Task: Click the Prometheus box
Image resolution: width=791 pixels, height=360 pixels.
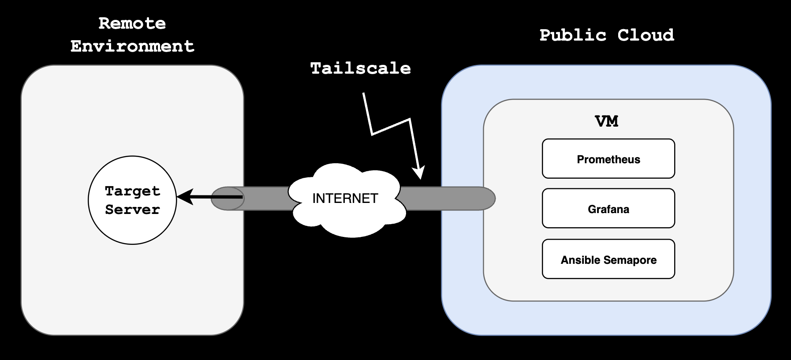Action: click(608, 159)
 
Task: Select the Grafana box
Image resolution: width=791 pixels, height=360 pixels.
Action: click(608, 209)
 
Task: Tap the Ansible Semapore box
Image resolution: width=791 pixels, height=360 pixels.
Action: click(608, 259)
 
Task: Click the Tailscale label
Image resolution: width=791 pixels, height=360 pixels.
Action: click(361, 68)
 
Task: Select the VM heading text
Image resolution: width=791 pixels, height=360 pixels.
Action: click(607, 121)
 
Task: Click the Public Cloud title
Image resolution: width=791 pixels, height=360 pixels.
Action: click(607, 35)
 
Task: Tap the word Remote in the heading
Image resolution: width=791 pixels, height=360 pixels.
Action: click(132, 23)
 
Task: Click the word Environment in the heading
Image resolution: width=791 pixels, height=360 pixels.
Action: click(132, 46)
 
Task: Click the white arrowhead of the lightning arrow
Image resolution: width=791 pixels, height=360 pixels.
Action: click(419, 172)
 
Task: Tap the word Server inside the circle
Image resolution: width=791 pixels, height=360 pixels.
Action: click(132, 209)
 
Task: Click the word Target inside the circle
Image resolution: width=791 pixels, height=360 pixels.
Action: click(132, 191)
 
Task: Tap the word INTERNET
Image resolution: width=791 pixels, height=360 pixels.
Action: click(345, 199)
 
